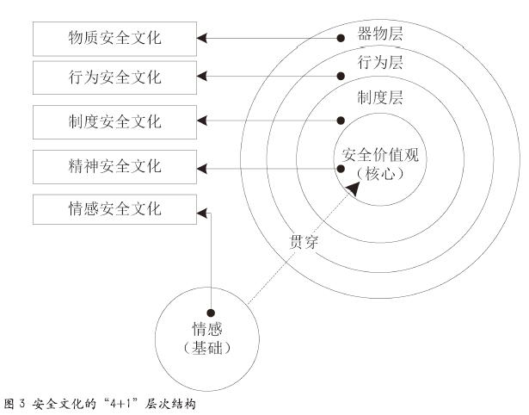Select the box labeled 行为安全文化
(x=114, y=77)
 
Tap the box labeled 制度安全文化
(x=114, y=121)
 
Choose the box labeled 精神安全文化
(x=114, y=164)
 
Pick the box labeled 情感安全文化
(x=114, y=209)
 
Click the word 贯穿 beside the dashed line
(x=303, y=242)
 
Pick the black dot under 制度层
(x=341, y=121)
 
